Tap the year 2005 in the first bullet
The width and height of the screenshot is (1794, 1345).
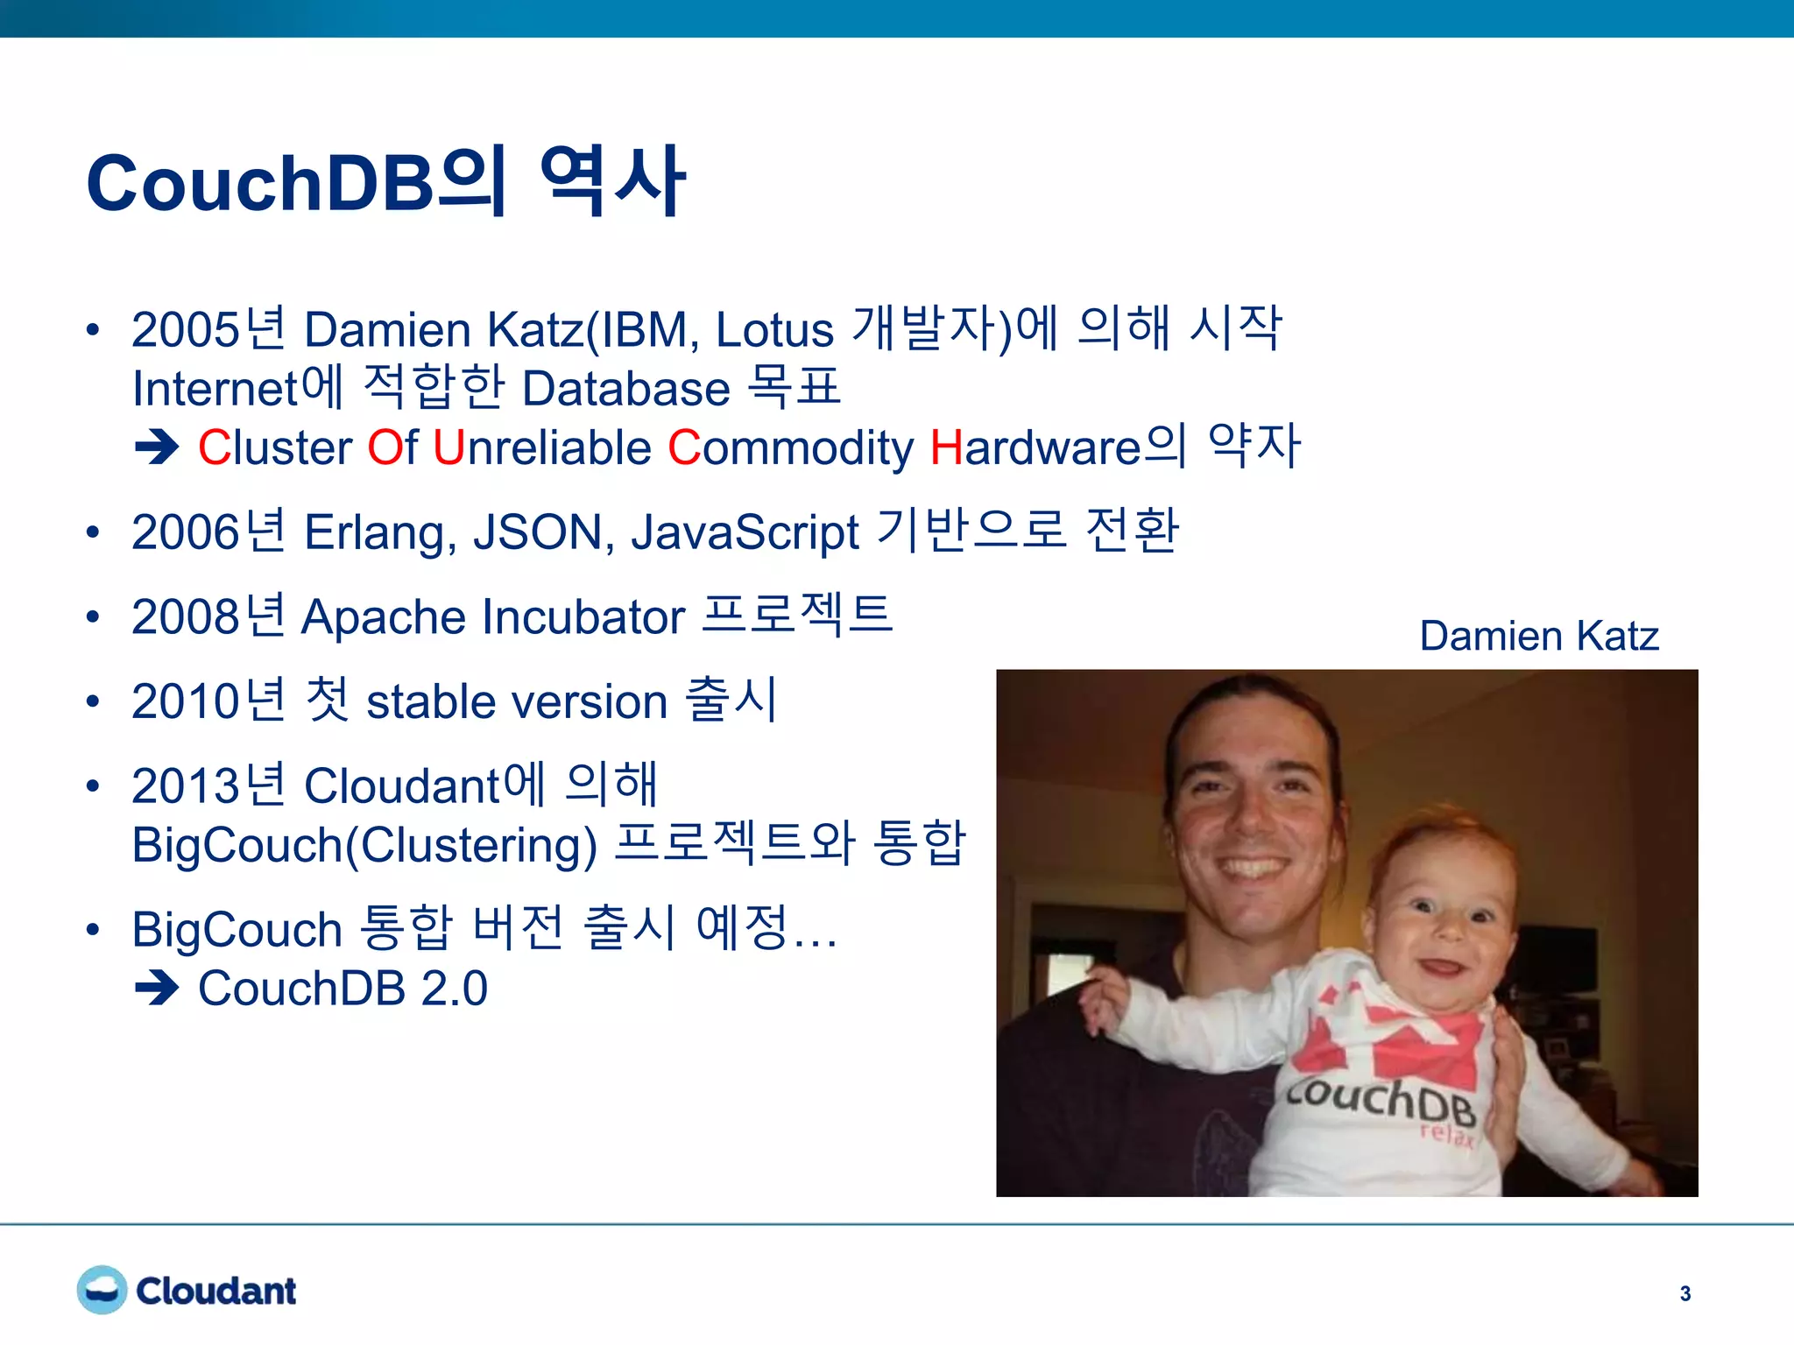point(185,330)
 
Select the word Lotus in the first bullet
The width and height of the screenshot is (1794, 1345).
point(774,330)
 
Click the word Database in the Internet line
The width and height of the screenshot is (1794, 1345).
point(625,389)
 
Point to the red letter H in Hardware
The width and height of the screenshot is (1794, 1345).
point(946,447)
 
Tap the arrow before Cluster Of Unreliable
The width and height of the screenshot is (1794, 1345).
point(157,447)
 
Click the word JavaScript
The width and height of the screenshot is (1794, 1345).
point(745,532)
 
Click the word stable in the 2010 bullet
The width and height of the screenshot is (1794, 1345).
point(429,702)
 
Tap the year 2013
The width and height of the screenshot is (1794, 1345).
point(185,785)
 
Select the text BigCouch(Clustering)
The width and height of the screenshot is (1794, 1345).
point(364,845)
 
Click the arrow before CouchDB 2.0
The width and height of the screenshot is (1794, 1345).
point(157,989)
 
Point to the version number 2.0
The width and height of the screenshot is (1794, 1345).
point(454,989)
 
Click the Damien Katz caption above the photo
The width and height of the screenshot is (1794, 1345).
point(1538,636)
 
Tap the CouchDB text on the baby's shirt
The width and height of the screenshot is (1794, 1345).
point(1381,1099)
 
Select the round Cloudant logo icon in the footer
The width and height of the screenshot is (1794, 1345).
point(102,1290)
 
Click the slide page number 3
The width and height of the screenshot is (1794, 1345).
point(1685,1293)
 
